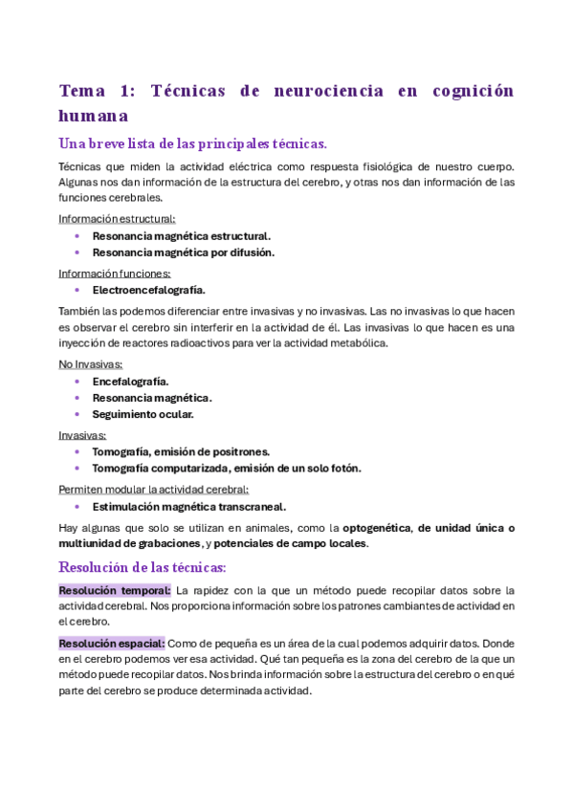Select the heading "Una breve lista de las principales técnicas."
(192, 143)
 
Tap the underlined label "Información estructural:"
(117, 219)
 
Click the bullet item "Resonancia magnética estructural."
(181, 235)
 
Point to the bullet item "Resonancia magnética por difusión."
(183, 252)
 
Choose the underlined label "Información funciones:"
(115, 273)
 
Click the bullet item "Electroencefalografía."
(148, 289)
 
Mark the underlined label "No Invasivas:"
(91, 364)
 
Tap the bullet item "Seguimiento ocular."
(143, 414)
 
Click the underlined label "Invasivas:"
(82, 435)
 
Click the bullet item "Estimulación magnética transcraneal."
(188, 506)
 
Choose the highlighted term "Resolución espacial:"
(112, 643)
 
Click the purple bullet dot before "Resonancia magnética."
(77, 398)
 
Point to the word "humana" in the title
(94, 116)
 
